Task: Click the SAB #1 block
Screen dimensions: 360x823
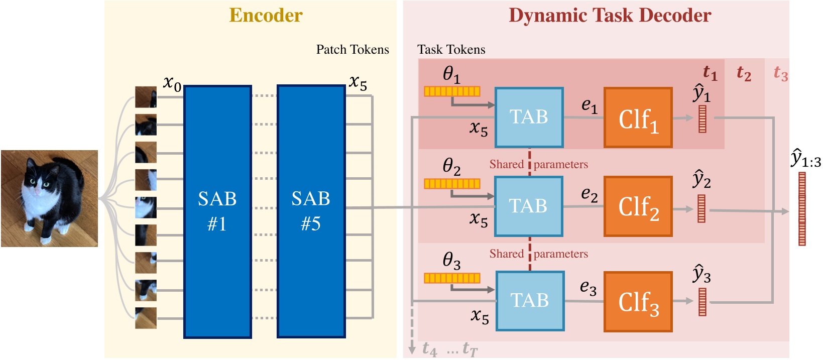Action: click(217, 211)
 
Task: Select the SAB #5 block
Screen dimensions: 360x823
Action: click(311, 211)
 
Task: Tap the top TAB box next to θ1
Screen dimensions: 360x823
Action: click(529, 117)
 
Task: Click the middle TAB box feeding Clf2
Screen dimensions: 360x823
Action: click(528, 206)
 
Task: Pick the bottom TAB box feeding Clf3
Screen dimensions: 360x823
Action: click(530, 301)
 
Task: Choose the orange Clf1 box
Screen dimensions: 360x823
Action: click(638, 118)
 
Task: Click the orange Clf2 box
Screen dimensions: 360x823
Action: click(638, 206)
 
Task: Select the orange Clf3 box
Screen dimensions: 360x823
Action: click(638, 302)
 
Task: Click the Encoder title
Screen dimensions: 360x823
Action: click(266, 16)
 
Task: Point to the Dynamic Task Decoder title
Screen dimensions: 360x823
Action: click(610, 16)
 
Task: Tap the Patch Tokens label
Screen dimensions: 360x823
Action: click(352, 50)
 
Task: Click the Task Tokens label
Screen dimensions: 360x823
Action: click(451, 50)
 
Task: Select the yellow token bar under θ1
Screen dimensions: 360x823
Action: click(452, 91)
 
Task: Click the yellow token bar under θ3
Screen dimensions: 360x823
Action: click(452, 278)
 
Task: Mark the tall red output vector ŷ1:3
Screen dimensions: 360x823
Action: click(802, 209)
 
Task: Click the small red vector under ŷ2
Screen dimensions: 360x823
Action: click(701, 209)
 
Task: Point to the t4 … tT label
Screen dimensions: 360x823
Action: click(449, 348)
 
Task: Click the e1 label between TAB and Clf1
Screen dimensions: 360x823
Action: click(589, 105)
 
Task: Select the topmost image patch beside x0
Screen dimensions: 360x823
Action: click(146, 97)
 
